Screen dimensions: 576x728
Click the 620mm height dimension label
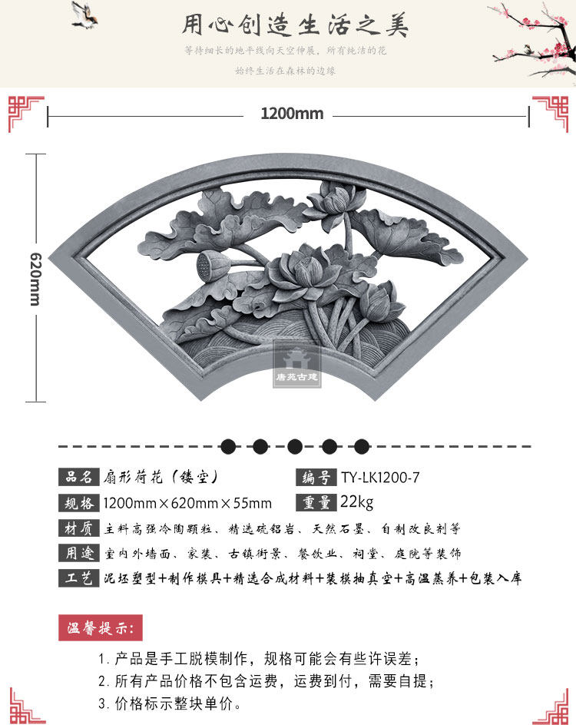[x=35, y=279]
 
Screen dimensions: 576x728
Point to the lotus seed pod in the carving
[x=206, y=266]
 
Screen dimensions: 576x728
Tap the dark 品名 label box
[x=79, y=478]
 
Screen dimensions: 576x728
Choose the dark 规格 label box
[x=79, y=504]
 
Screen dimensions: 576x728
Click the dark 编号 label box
[x=316, y=478]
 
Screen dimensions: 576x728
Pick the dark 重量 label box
[x=316, y=503]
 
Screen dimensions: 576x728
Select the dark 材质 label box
[x=79, y=528]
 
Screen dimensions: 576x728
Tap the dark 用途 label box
[x=79, y=553]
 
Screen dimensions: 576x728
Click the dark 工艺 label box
[x=79, y=578]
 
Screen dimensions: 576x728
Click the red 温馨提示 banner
[x=101, y=627]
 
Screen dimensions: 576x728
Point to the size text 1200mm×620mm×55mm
[x=187, y=504]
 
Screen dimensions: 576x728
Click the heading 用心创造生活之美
[x=295, y=25]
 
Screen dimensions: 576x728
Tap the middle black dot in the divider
[x=294, y=446]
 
